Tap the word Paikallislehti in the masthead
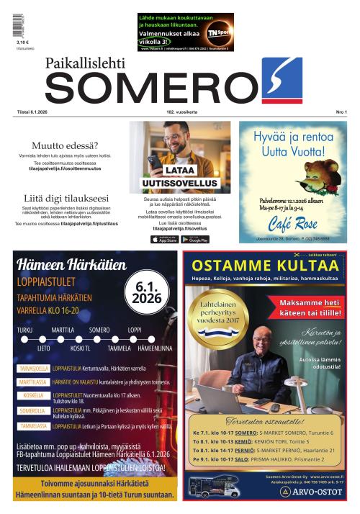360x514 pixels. [85, 64]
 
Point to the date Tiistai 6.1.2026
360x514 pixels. [34, 112]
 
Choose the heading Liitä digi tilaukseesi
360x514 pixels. [66, 198]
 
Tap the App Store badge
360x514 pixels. [164, 239]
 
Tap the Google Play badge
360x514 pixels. [194, 239]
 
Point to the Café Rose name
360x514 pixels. [292, 220]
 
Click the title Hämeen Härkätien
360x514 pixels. [71, 265]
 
